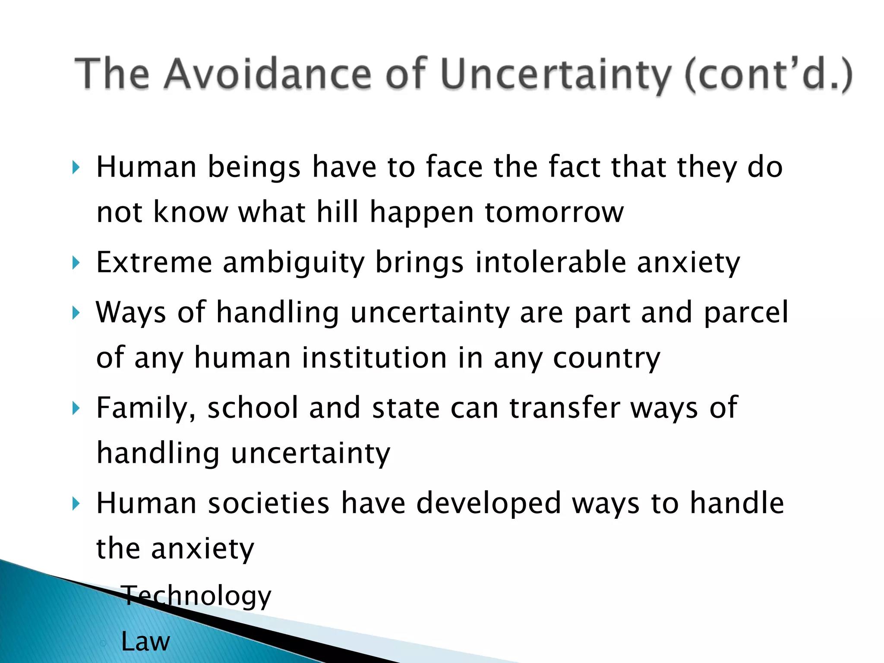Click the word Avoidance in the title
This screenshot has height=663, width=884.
click(x=267, y=74)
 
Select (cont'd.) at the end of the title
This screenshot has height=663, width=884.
click(x=768, y=74)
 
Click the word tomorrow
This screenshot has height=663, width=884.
click(x=554, y=212)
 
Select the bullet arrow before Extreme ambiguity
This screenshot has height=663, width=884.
click(x=76, y=262)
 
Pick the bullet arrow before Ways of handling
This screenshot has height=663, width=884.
click(x=76, y=312)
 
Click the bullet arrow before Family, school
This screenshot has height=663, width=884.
click(x=76, y=407)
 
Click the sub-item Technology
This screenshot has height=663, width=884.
click(x=196, y=596)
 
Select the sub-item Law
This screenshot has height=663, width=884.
click(x=145, y=641)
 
